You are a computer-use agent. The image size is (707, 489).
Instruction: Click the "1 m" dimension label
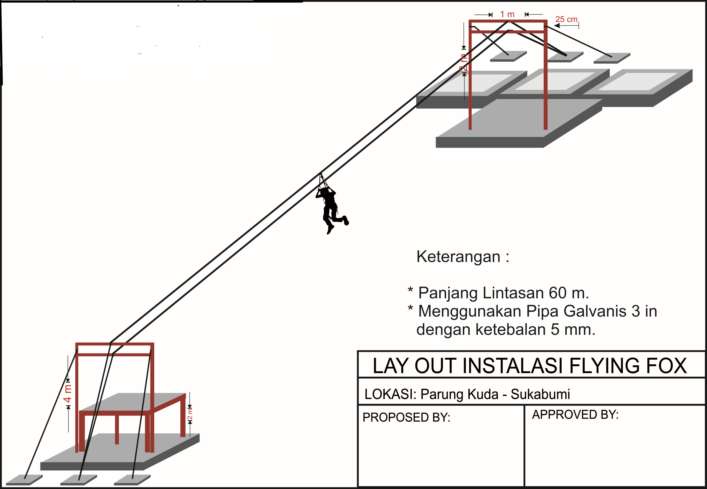[507, 14]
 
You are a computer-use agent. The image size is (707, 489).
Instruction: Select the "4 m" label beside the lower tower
[67, 394]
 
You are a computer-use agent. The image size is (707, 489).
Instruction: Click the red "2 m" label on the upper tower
[464, 63]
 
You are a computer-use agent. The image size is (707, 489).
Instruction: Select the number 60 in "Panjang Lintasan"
[557, 293]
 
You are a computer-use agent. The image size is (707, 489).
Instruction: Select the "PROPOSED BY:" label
[406, 417]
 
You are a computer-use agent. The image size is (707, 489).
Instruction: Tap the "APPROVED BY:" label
[575, 415]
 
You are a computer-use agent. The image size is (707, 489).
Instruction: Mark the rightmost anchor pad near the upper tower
[611, 58]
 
